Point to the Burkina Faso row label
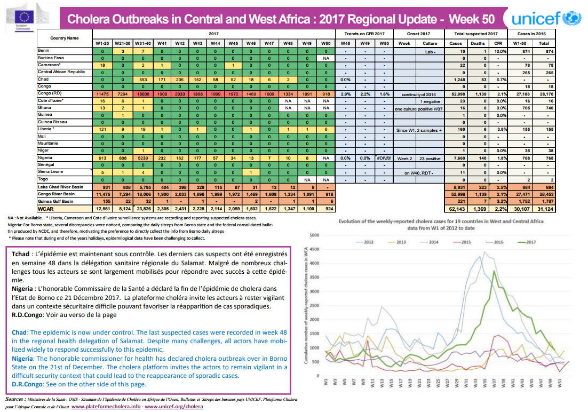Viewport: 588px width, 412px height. click(x=51, y=58)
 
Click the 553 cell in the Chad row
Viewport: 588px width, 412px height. click(x=142, y=79)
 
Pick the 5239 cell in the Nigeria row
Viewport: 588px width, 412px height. click(x=142, y=158)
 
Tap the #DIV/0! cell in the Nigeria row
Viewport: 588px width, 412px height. click(x=383, y=158)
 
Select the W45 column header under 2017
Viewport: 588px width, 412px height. click(x=233, y=43)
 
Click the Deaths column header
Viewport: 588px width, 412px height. click(x=478, y=43)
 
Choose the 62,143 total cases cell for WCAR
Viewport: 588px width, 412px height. click(x=456, y=209)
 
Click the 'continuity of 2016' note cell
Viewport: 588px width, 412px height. click(x=419, y=93)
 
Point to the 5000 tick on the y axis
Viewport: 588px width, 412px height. click(x=314, y=235)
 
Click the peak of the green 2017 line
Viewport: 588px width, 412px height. click(x=495, y=274)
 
